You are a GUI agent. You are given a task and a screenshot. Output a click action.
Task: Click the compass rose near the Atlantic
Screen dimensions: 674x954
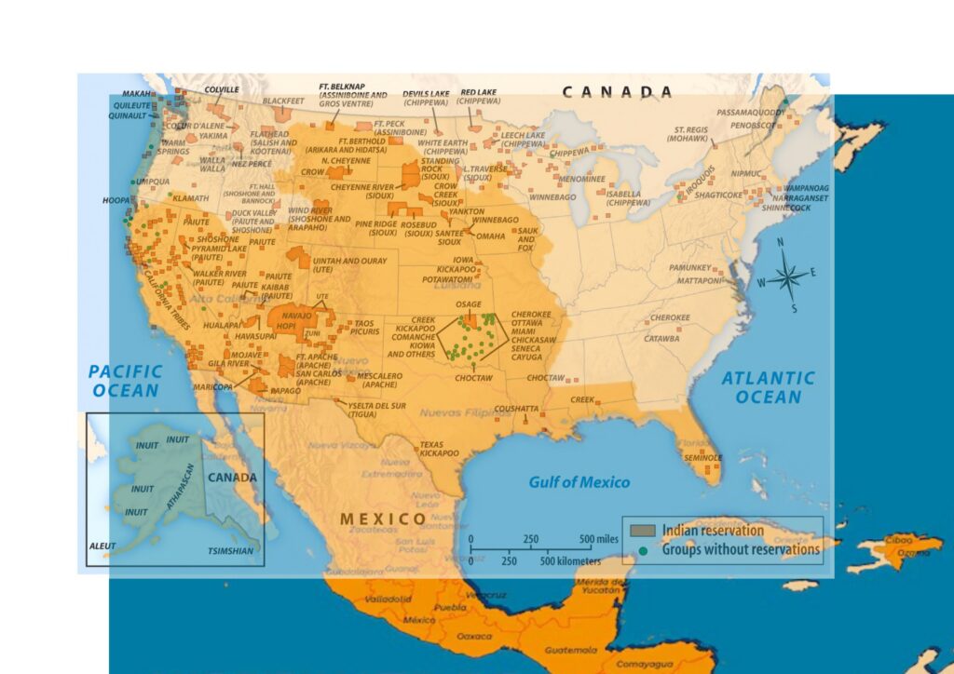[x=788, y=276]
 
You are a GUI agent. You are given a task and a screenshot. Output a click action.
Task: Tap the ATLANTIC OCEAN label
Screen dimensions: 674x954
[x=768, y=387]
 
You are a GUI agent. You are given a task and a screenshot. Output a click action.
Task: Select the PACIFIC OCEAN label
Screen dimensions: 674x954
[x=126, y=381]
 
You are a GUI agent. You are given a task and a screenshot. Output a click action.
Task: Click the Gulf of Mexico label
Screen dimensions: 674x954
[x=579, y=482]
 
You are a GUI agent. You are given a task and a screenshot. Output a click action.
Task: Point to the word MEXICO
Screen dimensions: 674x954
[x=383, y=519]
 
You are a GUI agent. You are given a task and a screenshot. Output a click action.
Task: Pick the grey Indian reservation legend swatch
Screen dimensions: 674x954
[x=643, y=531]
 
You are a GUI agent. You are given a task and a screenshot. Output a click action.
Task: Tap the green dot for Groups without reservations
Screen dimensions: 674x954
[x=643, y=549]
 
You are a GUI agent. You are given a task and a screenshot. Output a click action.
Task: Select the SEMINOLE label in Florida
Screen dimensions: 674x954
[x=702, y=458]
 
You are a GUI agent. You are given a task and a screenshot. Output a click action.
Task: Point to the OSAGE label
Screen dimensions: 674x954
[x=469, y=304]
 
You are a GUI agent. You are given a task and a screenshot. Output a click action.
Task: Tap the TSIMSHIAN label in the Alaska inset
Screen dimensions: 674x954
[x=229, y=551]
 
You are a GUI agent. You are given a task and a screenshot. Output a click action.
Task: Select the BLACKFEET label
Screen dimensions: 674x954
[x=283, y=101]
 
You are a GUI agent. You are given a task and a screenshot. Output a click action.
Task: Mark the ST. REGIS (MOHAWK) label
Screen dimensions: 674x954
[x=690, y=133]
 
